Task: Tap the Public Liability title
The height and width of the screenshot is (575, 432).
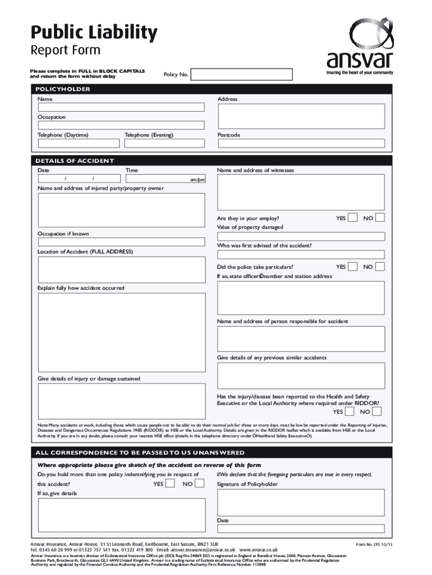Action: [x=94, y=33]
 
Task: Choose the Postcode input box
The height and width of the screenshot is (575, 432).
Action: [x=301, y=144]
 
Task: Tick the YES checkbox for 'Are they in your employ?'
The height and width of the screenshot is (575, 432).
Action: [x=352, y=218]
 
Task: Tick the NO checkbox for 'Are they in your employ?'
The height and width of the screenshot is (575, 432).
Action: [x=380, y=218]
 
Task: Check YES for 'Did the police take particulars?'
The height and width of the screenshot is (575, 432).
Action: [x=352, y=267]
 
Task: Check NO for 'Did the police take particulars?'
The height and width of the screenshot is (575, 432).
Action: [x=380, y=267]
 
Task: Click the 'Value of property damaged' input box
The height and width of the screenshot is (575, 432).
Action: [x=301, y=236]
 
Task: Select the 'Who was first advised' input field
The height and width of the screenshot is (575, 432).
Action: [x=301, y=254]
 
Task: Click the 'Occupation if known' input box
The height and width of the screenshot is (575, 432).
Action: [x=121, y=242]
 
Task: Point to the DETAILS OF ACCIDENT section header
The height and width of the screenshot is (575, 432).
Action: [x=75, y=161]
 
